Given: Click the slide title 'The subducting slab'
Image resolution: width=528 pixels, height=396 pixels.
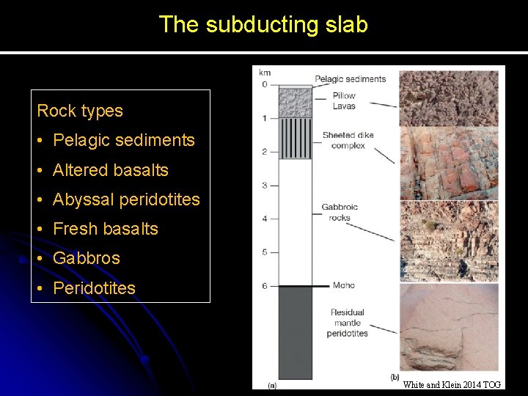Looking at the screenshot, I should coord(263,24).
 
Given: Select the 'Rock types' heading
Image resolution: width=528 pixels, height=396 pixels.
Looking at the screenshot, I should coord(80,111).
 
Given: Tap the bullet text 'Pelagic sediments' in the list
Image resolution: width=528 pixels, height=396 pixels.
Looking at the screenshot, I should coord(123,140).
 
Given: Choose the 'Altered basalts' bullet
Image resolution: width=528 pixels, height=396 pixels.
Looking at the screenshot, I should coord(110,170).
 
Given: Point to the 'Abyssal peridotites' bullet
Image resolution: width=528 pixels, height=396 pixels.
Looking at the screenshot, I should coord(126,199).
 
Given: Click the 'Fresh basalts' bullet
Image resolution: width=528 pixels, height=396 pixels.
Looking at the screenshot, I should coord(105,229).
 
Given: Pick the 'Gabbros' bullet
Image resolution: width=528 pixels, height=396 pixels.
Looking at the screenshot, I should coord(86,258).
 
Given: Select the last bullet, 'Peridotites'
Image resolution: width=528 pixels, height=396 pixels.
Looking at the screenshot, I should coord(94,288).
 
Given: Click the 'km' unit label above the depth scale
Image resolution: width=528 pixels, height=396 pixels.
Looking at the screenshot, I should coord(264,73).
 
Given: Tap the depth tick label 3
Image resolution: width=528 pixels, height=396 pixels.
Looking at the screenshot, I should coord(264,186).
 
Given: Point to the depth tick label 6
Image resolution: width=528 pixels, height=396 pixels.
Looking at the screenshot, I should coord(264,286).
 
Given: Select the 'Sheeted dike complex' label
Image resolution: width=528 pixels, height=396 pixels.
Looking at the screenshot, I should coord(348,140).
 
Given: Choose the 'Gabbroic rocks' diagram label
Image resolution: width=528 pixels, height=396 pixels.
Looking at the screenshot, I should coord(340,212).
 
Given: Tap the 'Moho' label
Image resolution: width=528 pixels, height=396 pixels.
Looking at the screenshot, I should coord(343,285).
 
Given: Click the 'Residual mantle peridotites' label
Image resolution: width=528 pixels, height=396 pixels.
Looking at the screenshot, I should coord(348,323).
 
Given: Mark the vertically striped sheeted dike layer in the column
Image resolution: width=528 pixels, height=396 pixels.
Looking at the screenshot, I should coord(295,139).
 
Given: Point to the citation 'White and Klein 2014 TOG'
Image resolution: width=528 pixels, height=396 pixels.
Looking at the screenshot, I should coord(452,384).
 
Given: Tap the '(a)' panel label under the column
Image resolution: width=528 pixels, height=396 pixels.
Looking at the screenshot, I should coord(272,384).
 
